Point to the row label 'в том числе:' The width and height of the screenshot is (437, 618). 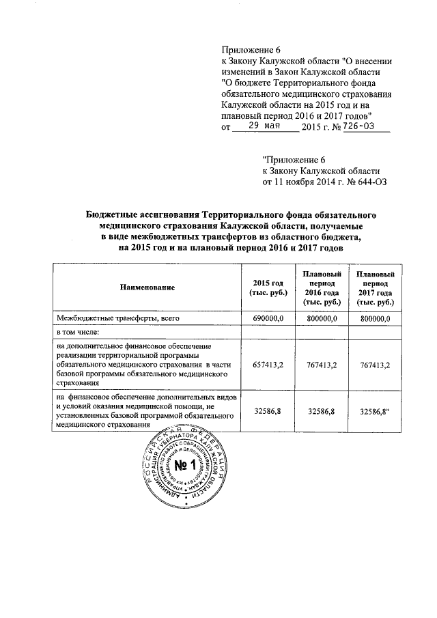click(x=78, y=333)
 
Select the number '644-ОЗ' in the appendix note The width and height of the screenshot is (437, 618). click(x=366, y=183)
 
